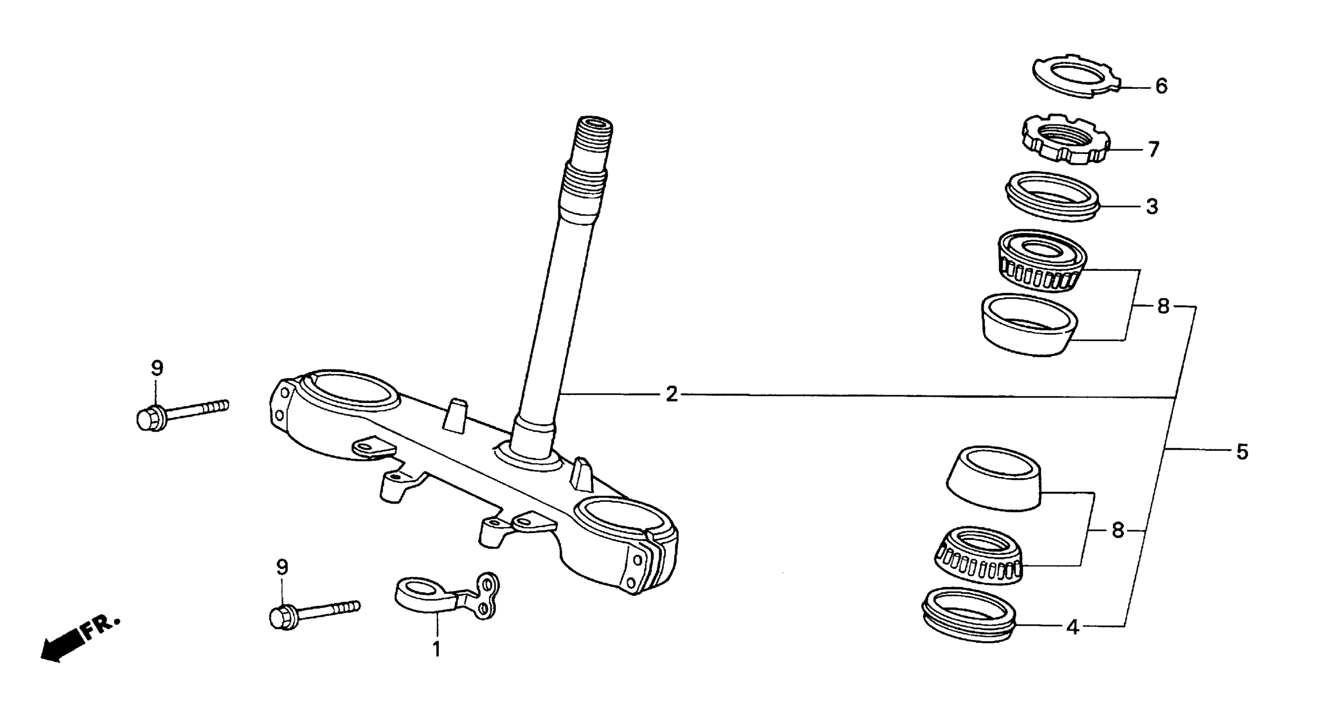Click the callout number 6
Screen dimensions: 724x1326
point(1161,86)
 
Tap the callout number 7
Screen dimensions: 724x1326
point(1154,150)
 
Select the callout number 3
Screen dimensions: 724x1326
point(1151,207)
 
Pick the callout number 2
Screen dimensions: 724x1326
point(671,394)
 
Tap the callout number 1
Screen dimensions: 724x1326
point(436,649)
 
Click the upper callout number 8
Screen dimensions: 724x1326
point(1163,307)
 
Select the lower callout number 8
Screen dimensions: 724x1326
point(1117,530)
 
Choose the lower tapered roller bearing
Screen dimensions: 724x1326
point(978,556)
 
